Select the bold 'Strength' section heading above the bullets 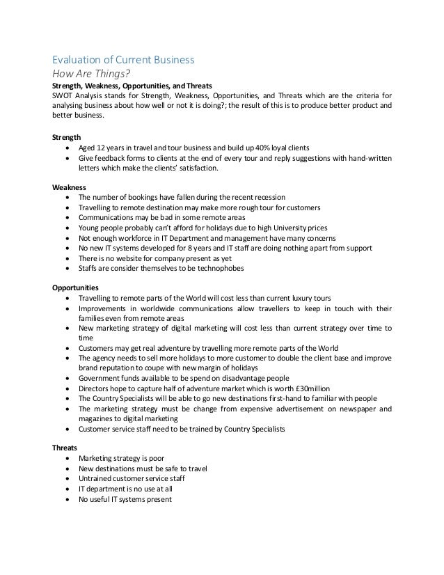[67, 136]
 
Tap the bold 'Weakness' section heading [70, 187]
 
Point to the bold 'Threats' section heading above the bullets [66, 449]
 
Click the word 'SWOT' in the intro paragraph [64, 95]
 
